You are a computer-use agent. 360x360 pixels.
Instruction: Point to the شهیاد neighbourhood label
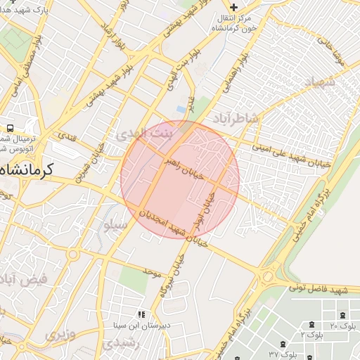321,82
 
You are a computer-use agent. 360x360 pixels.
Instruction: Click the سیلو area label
116,226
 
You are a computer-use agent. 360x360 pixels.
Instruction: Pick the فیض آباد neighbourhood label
25,278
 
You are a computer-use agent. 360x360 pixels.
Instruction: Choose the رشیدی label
115,344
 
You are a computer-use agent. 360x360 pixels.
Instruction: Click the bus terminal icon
10,128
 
